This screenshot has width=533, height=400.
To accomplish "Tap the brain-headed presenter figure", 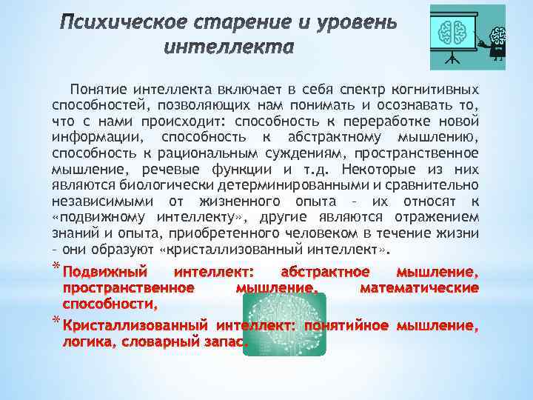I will (498, 42).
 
